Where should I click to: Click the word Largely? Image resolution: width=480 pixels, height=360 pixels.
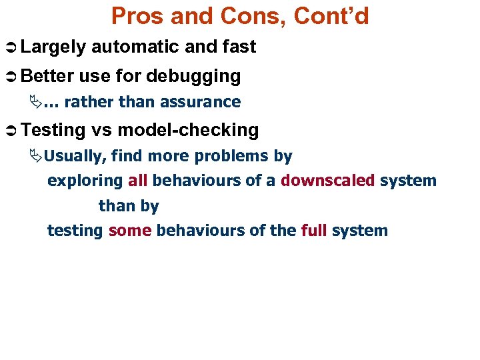(53, 47)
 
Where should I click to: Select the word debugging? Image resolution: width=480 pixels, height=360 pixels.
(193, 77)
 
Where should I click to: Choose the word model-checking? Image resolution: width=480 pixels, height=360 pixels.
(187, 130)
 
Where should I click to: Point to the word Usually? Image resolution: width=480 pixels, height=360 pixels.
(76, 157)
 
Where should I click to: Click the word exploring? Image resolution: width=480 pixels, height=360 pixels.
(85, 181)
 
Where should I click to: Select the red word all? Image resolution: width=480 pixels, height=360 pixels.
(137, 181)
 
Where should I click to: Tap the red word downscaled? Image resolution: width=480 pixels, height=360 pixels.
(328, 181)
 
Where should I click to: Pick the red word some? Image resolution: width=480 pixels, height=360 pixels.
(130, 231)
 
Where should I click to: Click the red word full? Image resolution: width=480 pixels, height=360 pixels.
(313, 231)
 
